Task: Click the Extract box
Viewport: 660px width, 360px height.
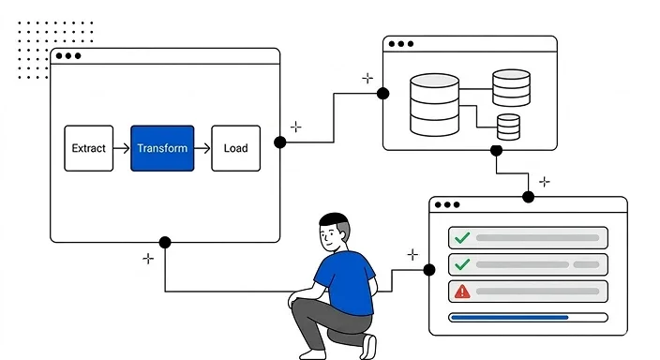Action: [88, 148]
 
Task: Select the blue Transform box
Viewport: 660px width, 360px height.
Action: [162, 148]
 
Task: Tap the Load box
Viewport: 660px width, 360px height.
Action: [235, 148]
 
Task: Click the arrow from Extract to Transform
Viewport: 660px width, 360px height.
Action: [121, 148]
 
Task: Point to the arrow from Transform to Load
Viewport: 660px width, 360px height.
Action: [202, 148]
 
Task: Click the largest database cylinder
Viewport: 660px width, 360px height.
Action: [433, 106]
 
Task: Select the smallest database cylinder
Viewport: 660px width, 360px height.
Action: [508, 127]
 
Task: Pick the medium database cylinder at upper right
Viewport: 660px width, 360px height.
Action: [511, 87]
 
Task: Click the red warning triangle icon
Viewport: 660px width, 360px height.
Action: [461, 292]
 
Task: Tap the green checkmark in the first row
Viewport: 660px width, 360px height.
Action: [461, 238]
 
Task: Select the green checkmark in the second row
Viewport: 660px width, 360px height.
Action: [461, 264]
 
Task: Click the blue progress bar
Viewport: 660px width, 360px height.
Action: [510, 318]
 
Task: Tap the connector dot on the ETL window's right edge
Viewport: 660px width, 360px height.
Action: [279, 142]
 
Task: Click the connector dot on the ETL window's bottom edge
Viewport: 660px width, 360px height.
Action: [165, 242]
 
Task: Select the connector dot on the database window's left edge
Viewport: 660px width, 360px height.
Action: [382, 93]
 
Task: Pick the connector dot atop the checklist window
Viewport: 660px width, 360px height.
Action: [528, 197]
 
